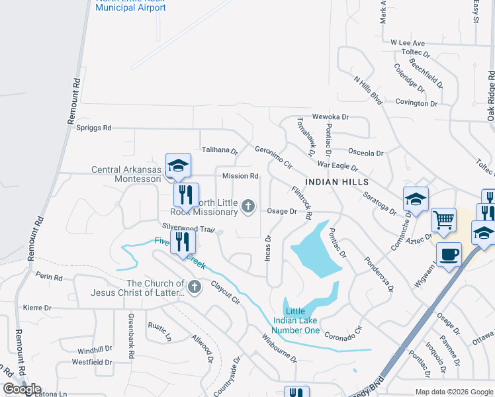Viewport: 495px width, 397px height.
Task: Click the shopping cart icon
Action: click(443, 219)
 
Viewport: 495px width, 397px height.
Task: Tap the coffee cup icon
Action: click(449, 253)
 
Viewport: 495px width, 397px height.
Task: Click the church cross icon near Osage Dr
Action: click(248, 207)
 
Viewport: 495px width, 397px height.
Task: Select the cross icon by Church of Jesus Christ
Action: click(194, 287)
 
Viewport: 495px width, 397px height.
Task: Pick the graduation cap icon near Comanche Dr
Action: click(416, 198)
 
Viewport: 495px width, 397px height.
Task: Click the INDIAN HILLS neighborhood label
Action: click(336, 181)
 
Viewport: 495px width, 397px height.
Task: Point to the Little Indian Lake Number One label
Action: click(296, 321)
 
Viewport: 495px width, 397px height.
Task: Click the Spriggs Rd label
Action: click(94, 128)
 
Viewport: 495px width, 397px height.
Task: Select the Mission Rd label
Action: click(240, 176)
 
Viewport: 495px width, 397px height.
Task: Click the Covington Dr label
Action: click(416, 103)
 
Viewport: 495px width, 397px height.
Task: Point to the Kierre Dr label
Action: click(37, 308)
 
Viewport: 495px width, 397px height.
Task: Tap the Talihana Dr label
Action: click(220, 150)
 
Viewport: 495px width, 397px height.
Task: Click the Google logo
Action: click(22, 389)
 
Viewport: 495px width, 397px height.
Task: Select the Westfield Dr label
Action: click(92, 362)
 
